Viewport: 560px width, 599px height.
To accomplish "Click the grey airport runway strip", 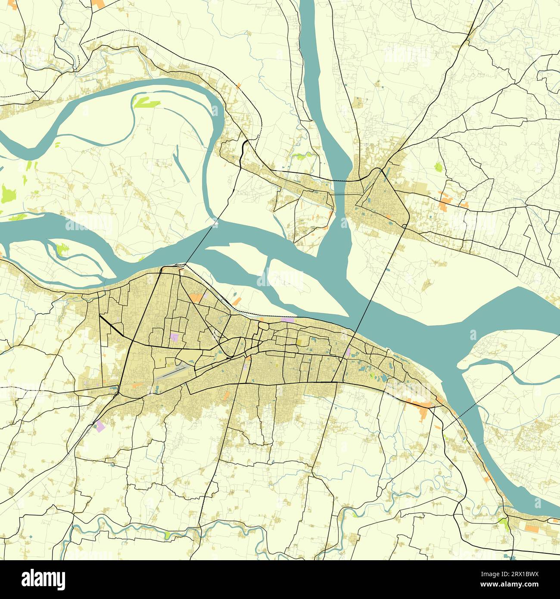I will pyautogui.click(x=171, y=371).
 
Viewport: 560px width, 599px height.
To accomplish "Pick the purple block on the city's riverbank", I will pyautogui.click(x=287, y=320).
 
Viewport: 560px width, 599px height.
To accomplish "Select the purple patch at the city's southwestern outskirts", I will pyautogui.click(x=100, y=426).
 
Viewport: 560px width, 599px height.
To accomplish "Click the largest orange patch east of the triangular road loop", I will pyautogui.click(x=445, y=203).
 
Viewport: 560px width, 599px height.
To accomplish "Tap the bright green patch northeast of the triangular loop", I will pyautogui.click(x=438, y=167).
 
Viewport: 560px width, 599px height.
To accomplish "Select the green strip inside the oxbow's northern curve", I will pyautogui.click(x=146, y=102).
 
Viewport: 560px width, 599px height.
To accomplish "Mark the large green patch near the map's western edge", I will pyautogui.click(x=8, y=193).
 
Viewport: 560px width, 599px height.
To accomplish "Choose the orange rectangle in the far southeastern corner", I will pyautogui.click(x=531, y=528).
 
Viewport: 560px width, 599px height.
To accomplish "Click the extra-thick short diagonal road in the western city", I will pyautogui.click(x=111, y=326).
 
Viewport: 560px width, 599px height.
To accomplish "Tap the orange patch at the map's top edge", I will pyautogui.click(x=98, y=3).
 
